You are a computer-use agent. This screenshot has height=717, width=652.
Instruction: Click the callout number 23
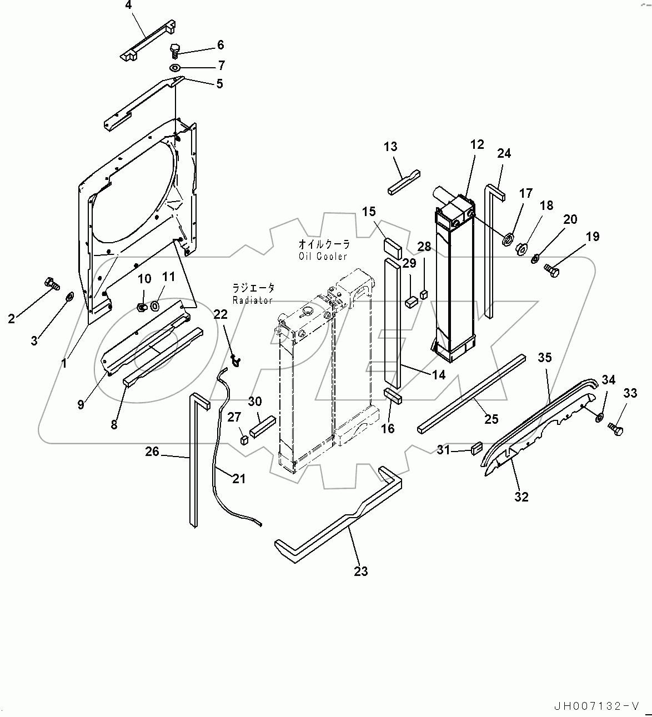(361, 571)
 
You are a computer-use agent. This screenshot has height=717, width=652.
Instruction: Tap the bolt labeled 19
(551, 270)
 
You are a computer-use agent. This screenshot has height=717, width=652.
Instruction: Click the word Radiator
(253, 300)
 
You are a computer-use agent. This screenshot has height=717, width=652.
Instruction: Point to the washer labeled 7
(174, 68)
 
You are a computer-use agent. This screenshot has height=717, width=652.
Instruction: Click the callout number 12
(477, 144)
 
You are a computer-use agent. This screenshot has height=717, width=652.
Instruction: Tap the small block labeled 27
(243, 440)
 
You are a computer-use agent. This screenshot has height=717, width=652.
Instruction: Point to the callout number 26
(152, 452)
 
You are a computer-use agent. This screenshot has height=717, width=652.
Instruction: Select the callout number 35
(545, 358)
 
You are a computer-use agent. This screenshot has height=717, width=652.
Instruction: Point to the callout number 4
(129, 6)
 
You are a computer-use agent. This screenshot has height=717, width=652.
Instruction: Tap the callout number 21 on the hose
(239, 478)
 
